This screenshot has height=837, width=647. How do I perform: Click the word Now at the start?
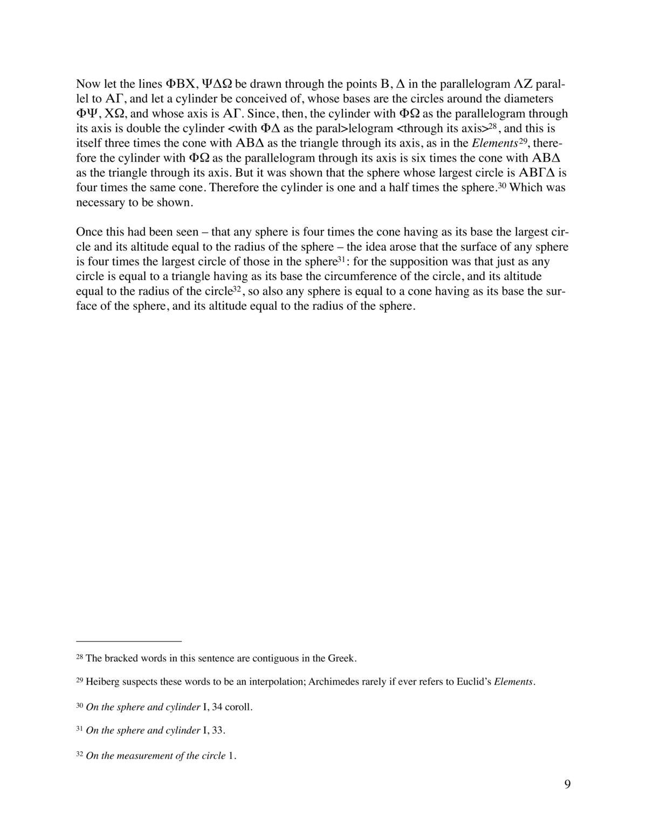coord(87,84)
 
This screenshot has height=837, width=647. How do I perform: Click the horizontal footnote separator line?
coord(129,641)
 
